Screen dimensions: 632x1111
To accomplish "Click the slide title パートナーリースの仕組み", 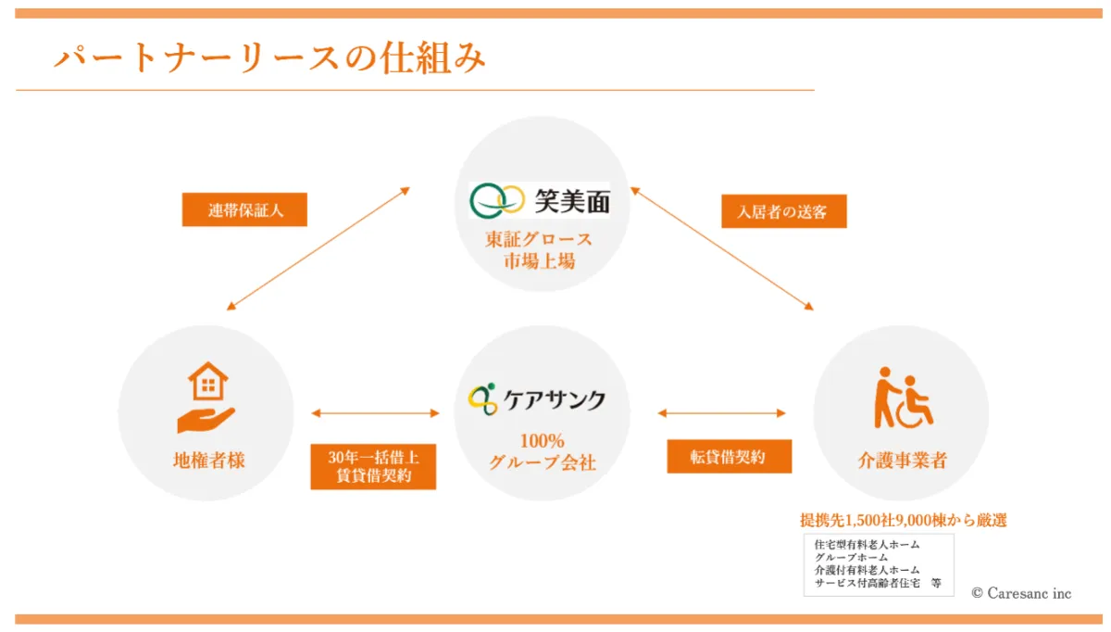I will [269, 57].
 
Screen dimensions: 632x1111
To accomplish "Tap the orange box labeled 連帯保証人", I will [244, 210].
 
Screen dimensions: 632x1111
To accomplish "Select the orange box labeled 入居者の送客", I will [783, 211].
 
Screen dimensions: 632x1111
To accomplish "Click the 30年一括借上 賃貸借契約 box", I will [373, 467].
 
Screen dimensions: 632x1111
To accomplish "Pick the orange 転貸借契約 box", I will [729, 456].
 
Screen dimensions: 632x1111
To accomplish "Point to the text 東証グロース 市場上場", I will [540, 250].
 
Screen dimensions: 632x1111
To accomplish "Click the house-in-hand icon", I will [206, 398].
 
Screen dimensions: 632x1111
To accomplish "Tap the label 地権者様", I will [208, 460].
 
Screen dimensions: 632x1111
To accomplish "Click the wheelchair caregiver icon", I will [903, 398].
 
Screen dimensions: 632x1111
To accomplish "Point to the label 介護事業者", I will [902, 460].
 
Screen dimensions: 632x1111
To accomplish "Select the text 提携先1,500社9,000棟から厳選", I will [903, 521].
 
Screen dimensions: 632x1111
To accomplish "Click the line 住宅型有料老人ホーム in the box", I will [868, 544].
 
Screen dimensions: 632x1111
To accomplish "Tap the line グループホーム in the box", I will [851, 557].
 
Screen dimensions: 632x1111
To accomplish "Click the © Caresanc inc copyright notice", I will [1021, 593].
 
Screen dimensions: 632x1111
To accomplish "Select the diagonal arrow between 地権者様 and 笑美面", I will [318, 247].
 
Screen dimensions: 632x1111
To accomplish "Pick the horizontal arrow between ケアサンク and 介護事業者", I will [721, 413].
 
